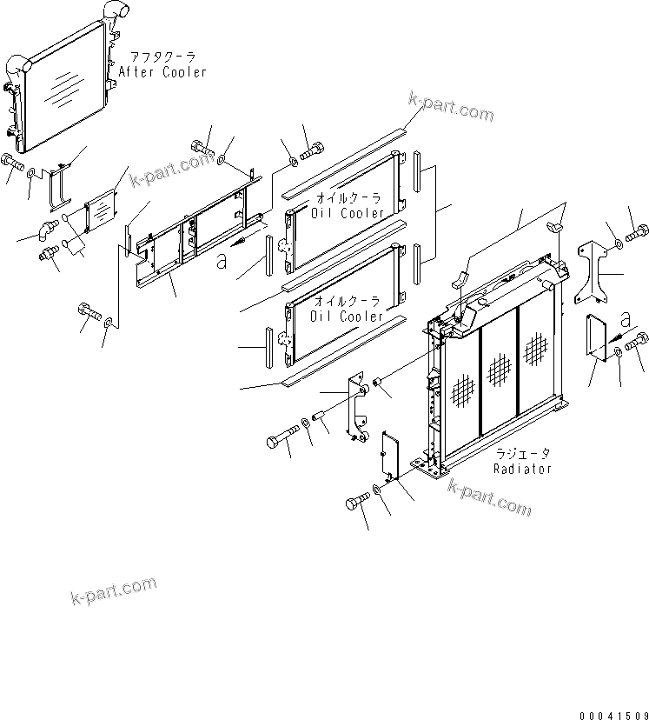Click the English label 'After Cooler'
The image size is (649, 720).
pos(162,72)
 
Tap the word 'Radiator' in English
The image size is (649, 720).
pos(522,469)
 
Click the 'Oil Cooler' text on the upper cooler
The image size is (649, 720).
pos(348,213)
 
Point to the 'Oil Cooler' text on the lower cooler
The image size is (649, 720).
pos(348,316)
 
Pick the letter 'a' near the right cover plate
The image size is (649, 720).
pos(630,315)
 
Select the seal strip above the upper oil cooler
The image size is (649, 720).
pos(342,156)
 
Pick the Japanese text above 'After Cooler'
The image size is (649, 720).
pos(162,57)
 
